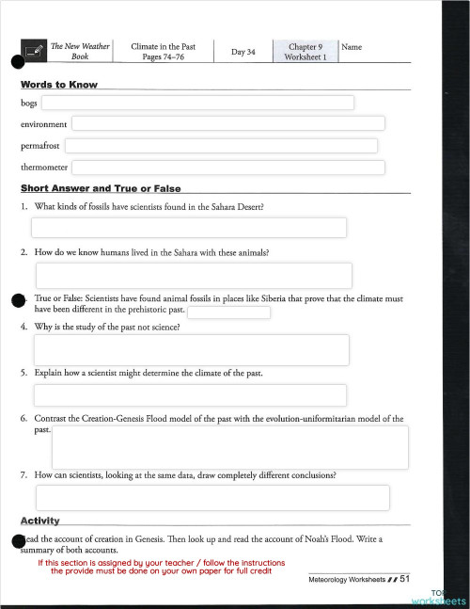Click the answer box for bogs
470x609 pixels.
tap(196, 103)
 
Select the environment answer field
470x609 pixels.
tap(227, 123)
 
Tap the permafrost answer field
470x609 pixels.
tap(221, 145)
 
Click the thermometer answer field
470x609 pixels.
tap(234, 168)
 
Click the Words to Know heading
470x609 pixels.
tap(58, 85)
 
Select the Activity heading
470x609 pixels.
tap(40, 521)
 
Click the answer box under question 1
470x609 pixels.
tap(189, 228)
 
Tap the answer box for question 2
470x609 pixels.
tap(194, 275)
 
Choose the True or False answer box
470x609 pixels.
tap(229, 313)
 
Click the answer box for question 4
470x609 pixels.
tap(192, 349)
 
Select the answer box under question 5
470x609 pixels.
tap(189, 395)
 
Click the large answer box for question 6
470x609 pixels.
tap(229, 446)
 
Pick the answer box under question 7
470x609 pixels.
tap(212, 497)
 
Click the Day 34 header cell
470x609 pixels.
tap(243, 51)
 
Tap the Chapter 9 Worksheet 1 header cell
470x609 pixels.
tap(305, 51)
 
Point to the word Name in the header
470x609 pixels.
tap(352, 46)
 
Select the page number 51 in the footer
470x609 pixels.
tap(405, 579)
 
